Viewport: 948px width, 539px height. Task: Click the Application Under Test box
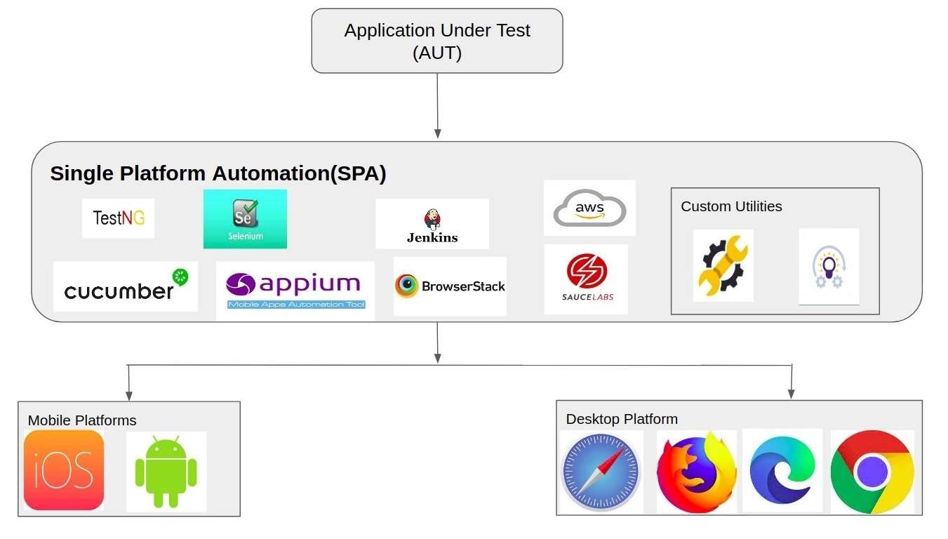[437, 41]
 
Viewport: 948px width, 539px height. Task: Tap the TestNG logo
[118, 218]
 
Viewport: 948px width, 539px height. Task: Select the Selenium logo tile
[245, 218]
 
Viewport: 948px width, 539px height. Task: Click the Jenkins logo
[432, 224]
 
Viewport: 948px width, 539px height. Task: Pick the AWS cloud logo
[589, 208]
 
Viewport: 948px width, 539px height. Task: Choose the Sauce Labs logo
[587, 279]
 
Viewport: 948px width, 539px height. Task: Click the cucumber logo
[126, 286]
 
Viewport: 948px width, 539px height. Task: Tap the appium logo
[295, 290]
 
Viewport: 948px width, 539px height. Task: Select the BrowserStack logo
[450, 286]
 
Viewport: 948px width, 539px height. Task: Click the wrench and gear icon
[723, 265]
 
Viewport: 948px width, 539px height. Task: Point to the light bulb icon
[828, 267]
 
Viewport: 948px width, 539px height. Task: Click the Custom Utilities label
[731, 206]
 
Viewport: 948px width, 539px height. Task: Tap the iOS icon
[64, 470]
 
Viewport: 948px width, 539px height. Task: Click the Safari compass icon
[602, 471]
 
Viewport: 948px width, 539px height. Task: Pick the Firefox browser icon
[696, 472]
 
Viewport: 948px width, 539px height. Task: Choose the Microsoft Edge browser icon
[782, 470]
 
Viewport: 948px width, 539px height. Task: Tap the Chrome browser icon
[872, 472]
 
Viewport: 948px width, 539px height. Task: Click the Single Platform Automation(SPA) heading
[218, 174]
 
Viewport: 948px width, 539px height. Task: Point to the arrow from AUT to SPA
[438, 105]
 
